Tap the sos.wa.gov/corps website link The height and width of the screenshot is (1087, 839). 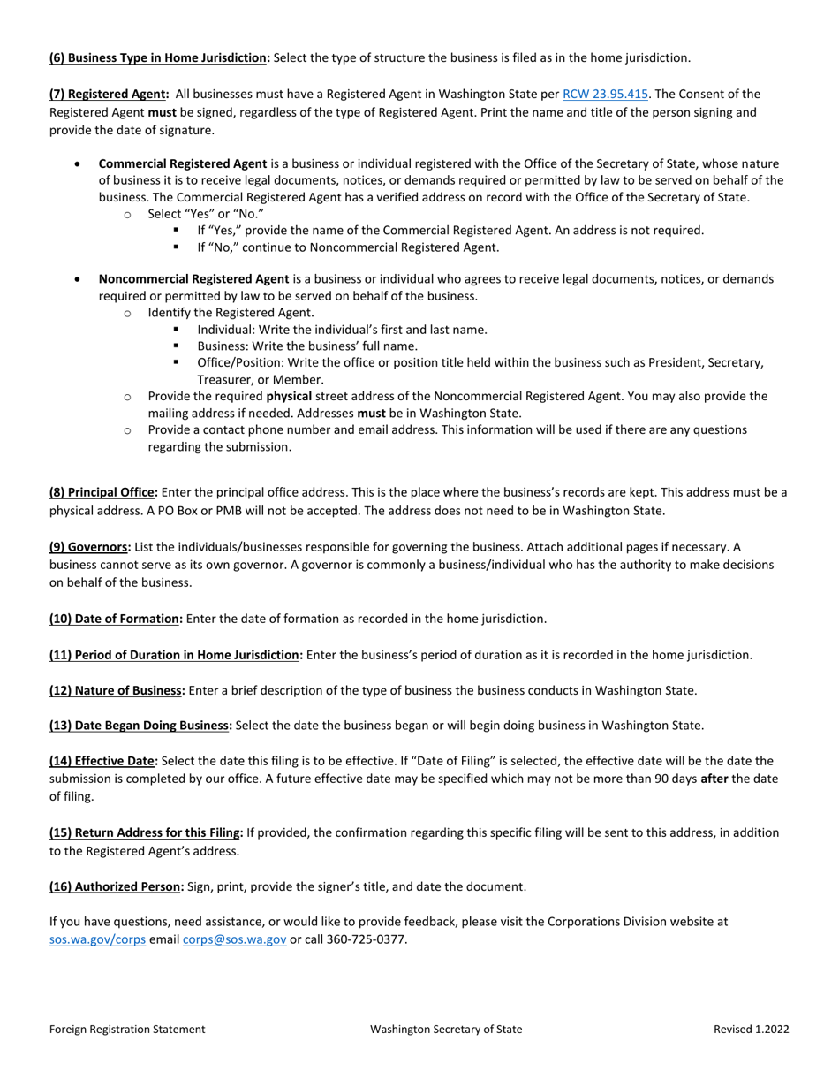[97, 939]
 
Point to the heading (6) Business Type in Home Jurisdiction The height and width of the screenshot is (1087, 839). [160, 57]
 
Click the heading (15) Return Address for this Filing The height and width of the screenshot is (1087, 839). [146, 832]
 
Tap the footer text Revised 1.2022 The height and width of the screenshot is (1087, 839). [752, 1029]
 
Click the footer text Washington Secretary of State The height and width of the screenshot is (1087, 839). [446, 1029]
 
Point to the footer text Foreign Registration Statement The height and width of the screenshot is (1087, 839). [128, 1029]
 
